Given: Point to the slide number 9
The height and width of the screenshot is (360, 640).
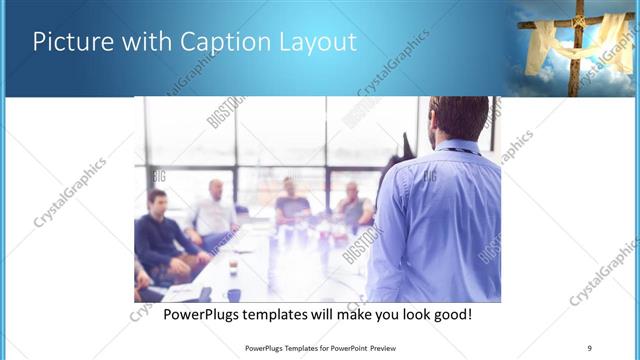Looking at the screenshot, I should click(x=590, y=348).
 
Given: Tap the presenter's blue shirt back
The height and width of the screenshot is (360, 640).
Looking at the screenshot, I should click(x=440, y=220).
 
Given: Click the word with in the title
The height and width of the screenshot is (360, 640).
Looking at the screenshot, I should click(x=143, y=42).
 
